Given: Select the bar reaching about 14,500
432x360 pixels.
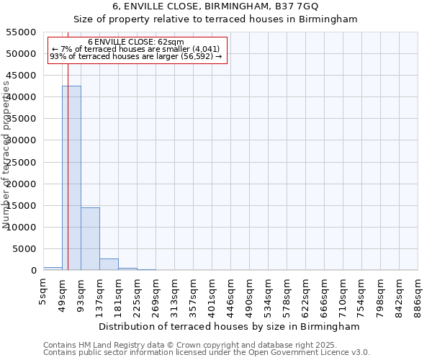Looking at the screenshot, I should tap(90, 238).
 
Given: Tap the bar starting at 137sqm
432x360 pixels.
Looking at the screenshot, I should tap(109, 264).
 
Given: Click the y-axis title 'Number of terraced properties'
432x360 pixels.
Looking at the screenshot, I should tap(6, 155).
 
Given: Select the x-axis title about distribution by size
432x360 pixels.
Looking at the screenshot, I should tap(230, 326).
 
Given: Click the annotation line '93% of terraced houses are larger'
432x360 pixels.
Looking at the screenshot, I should tap(136, 56).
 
